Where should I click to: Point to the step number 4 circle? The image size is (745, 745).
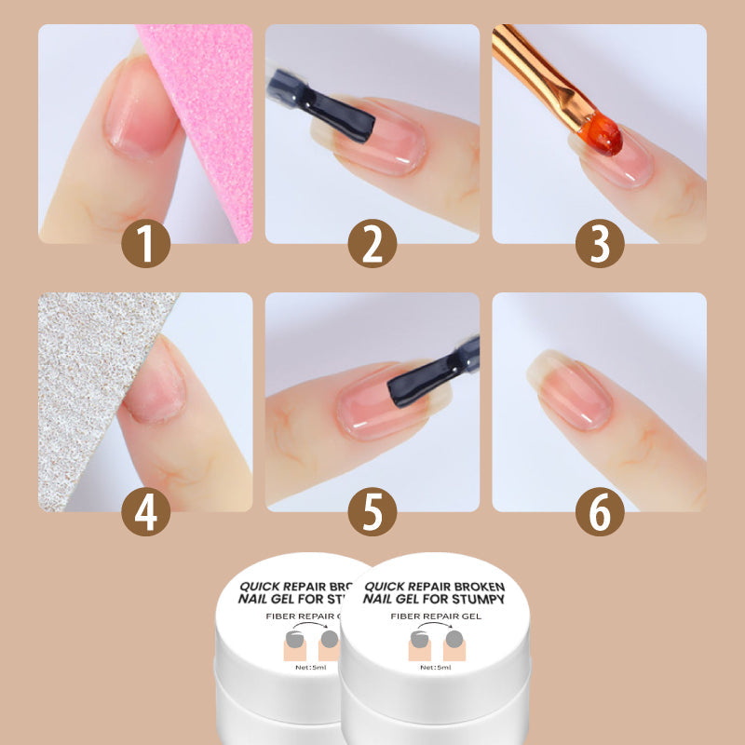(x=146, y=512)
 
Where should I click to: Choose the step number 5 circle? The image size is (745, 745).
(x=372, y=512)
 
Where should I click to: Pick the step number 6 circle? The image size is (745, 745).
(x=599, y=512)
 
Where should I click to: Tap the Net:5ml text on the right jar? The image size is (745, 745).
(x=434, y=667)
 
